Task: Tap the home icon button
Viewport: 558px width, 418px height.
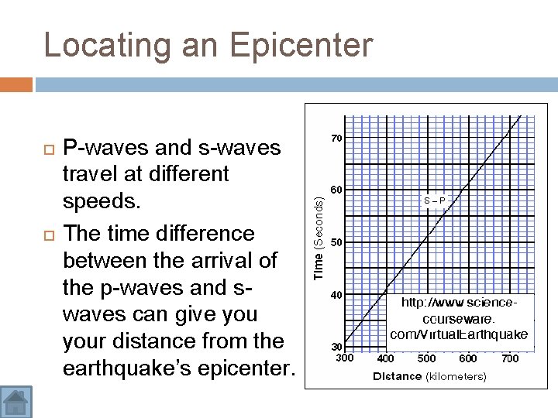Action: coord(16,402)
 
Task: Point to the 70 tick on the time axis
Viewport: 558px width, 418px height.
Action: coord(337,139)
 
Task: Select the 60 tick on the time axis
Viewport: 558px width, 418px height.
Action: coord(337,190)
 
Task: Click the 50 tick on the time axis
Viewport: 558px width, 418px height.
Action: coord(337,243)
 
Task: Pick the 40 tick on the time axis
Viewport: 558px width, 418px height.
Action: coord(337,295)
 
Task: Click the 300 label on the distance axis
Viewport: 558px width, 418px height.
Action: coord(343,358)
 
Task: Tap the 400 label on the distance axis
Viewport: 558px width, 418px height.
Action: coord(385,358)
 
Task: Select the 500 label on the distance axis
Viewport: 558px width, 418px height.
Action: coord(426,358)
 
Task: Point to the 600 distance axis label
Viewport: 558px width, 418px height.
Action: coord(468,358)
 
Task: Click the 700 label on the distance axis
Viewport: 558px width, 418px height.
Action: coord(509,358)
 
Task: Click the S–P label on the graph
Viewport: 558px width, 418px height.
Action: coord(434,200)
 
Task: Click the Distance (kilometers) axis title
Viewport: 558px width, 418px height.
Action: coord(429,377)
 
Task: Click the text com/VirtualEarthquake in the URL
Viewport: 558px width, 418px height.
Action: coord(459,334)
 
